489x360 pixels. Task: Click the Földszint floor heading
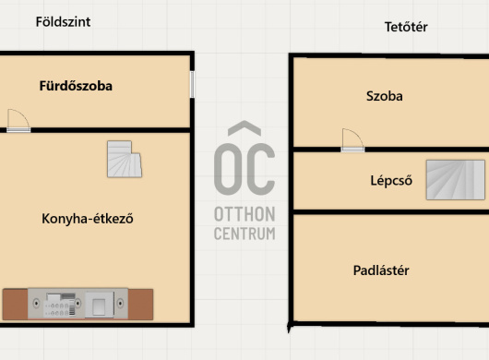[63, 22]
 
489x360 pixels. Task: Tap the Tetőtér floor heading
[406, 27]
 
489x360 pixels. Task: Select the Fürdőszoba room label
[76, 86]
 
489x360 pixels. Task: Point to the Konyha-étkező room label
[88, 219]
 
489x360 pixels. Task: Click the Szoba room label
[384, 96]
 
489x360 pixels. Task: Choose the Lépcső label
[391, 181]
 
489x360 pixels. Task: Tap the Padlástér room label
[381, 270]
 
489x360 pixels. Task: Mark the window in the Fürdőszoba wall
[192, 85]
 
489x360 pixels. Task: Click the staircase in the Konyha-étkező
[125, 159]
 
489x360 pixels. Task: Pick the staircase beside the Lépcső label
[456, 180]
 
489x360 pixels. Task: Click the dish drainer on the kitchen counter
[60, 305]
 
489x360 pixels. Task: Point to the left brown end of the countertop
[15, 305]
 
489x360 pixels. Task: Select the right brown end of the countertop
[140, 305]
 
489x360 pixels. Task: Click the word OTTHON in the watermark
[244, 214]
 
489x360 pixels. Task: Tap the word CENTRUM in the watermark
[244, 234]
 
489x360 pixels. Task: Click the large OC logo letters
[244, 169]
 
